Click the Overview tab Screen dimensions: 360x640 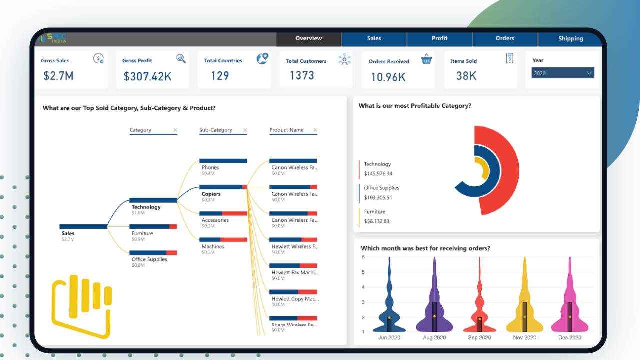click(x=308, y=38)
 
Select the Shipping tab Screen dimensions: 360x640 click(x=570, y=38)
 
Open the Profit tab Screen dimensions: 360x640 click(x=439, y=38)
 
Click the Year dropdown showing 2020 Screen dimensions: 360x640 click(x=562, y=73)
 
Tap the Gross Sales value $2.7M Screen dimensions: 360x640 click(x=58, y=76)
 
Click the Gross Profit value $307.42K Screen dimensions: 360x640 click(x=147, y=76)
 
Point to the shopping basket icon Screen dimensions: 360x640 click(x=426, y=59)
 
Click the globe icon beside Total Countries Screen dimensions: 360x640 click(x=262, y=59)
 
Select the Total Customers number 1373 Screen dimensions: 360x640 click(x=302, y=75)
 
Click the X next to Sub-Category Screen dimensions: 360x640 click(x=245, y=130)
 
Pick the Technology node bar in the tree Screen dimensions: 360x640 click(x=153, y=200)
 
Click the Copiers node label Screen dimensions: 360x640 click(x=211, y=194)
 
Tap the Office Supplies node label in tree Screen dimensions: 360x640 click(x=149, y=259)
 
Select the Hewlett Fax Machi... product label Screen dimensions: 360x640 click(x=294, y=273)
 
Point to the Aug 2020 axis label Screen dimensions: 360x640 click(x=434, y=338)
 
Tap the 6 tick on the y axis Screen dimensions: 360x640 click(x=363, y=257)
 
